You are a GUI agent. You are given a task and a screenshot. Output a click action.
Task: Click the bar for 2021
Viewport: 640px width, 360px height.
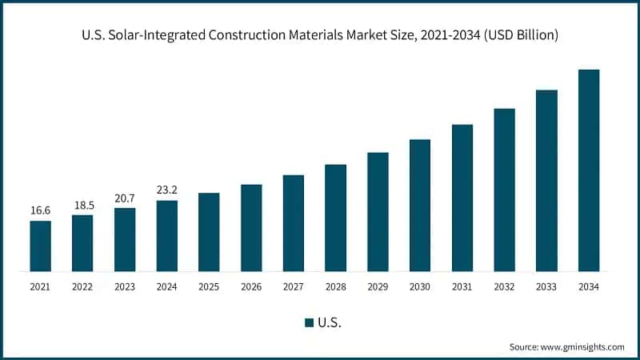tap(40, 246)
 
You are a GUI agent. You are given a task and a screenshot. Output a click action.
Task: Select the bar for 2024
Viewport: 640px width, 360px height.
tap(166, 236)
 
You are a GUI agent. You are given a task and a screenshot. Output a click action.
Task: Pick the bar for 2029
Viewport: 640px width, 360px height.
tap(378, 212)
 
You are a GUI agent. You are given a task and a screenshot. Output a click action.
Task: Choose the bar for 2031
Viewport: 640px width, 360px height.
tap(462, 198)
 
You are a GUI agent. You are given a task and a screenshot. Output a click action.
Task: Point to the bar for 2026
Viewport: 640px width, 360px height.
tap(251, 228)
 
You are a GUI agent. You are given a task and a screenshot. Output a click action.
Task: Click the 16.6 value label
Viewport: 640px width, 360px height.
tap(40, 210)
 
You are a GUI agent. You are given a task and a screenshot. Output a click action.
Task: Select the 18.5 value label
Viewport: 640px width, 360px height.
tap(82, 205)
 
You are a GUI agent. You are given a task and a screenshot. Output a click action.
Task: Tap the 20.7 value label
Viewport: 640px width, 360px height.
tap(125, 198)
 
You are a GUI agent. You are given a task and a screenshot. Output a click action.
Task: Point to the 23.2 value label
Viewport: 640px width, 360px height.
tap(166, 190)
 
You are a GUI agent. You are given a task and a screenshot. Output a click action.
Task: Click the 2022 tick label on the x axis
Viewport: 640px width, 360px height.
tap(82, 286)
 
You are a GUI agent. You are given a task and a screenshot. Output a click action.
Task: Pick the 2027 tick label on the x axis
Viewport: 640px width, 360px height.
tap(294, 286)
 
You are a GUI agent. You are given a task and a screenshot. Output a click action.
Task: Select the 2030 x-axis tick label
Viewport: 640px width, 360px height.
tap(420, 286)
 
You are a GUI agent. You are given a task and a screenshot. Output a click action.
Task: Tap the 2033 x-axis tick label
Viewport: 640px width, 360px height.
tap(546, 286)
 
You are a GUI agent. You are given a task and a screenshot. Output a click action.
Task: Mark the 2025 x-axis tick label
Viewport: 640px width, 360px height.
tap(209, 286)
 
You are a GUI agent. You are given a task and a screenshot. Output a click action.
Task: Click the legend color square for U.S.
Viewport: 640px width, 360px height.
tap(309, 322)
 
